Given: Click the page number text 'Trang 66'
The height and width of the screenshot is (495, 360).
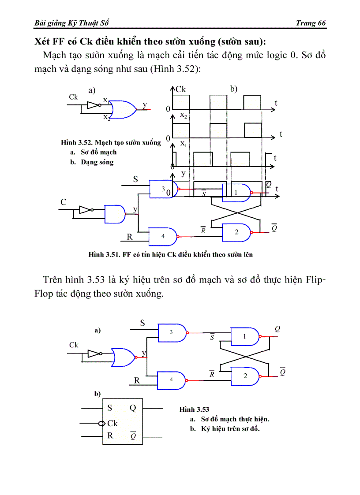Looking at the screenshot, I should click(311, 23).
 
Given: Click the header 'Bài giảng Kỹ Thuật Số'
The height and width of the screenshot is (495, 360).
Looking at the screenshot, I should click(71, 23).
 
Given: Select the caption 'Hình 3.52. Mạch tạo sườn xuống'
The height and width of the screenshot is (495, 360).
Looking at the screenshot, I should click(111, 143).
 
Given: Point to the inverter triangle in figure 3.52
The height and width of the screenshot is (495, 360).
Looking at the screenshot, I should click(93, 105).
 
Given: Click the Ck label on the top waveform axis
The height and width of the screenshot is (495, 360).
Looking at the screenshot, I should click(181, 89).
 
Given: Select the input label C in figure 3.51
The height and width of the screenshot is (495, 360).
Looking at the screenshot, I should click(64, 202).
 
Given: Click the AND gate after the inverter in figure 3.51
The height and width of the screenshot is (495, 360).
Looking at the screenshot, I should click(115, 214).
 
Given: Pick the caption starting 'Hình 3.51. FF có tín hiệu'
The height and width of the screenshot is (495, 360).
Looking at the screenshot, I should click(170, 254).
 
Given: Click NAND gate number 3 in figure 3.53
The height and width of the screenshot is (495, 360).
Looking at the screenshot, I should click(172, 332).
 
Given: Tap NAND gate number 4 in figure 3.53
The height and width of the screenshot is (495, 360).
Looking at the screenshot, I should click(172, 380).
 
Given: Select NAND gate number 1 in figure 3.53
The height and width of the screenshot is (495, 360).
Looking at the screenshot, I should click(245, 336).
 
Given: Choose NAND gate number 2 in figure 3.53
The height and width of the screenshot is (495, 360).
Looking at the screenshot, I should click(245, 376).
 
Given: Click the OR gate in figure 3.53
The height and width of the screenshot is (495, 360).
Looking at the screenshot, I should click(124, 357).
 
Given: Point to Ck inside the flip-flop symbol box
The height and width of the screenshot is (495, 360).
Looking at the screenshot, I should click(112, 423).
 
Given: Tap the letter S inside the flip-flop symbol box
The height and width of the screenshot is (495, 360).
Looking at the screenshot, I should click(110, 408).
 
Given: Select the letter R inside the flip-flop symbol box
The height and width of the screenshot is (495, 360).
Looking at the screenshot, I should click(110, 435).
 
